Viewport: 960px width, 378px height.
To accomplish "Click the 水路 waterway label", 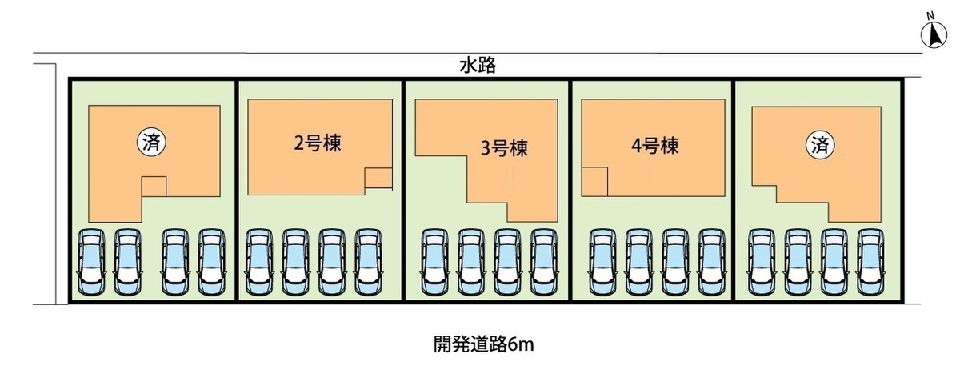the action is pyautogui.click(x=478, y=66).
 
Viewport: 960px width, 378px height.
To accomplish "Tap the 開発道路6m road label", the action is pyautogui.click(x=483, y=344).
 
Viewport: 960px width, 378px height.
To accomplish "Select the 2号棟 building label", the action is pyautogui.click(x=318, y=143).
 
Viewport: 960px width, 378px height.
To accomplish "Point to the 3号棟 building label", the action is pyautogui.click(x=504, y=148).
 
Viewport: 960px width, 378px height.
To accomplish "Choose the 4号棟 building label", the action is pyautogui.click(x=655, y=146).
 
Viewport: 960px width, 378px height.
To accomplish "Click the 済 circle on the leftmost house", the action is pyautogui.click(x=151, y=143).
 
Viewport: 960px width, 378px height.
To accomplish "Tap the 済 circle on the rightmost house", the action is pyautogui.click(x=820, y=145).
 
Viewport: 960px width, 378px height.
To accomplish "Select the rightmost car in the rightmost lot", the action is pyautogui.click(x=871, y=262).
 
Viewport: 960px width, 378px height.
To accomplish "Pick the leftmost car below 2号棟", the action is pyautogui.click(x=259, y=262).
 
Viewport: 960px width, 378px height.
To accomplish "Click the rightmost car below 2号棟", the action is pyautogui.click(x=368, y=262).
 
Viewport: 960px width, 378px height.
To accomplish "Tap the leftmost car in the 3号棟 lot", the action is pyautogui.click(x=434, y=262).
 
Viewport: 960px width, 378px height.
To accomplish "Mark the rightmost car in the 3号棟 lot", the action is pyautogui.click(x=544, y=262).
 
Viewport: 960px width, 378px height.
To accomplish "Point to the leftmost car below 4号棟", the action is pyautogui.click(x=602, y=262).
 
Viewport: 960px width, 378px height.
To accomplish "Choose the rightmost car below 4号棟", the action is pyautogui.click(x=712, y=262).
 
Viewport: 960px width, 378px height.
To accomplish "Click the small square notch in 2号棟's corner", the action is pyautogui.click(x=378, y=178).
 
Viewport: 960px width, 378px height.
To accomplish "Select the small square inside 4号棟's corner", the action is pyautogui.click(x=594, y=182).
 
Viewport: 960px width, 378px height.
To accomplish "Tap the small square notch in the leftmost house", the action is pyautogui.click(x=154, y=187).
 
